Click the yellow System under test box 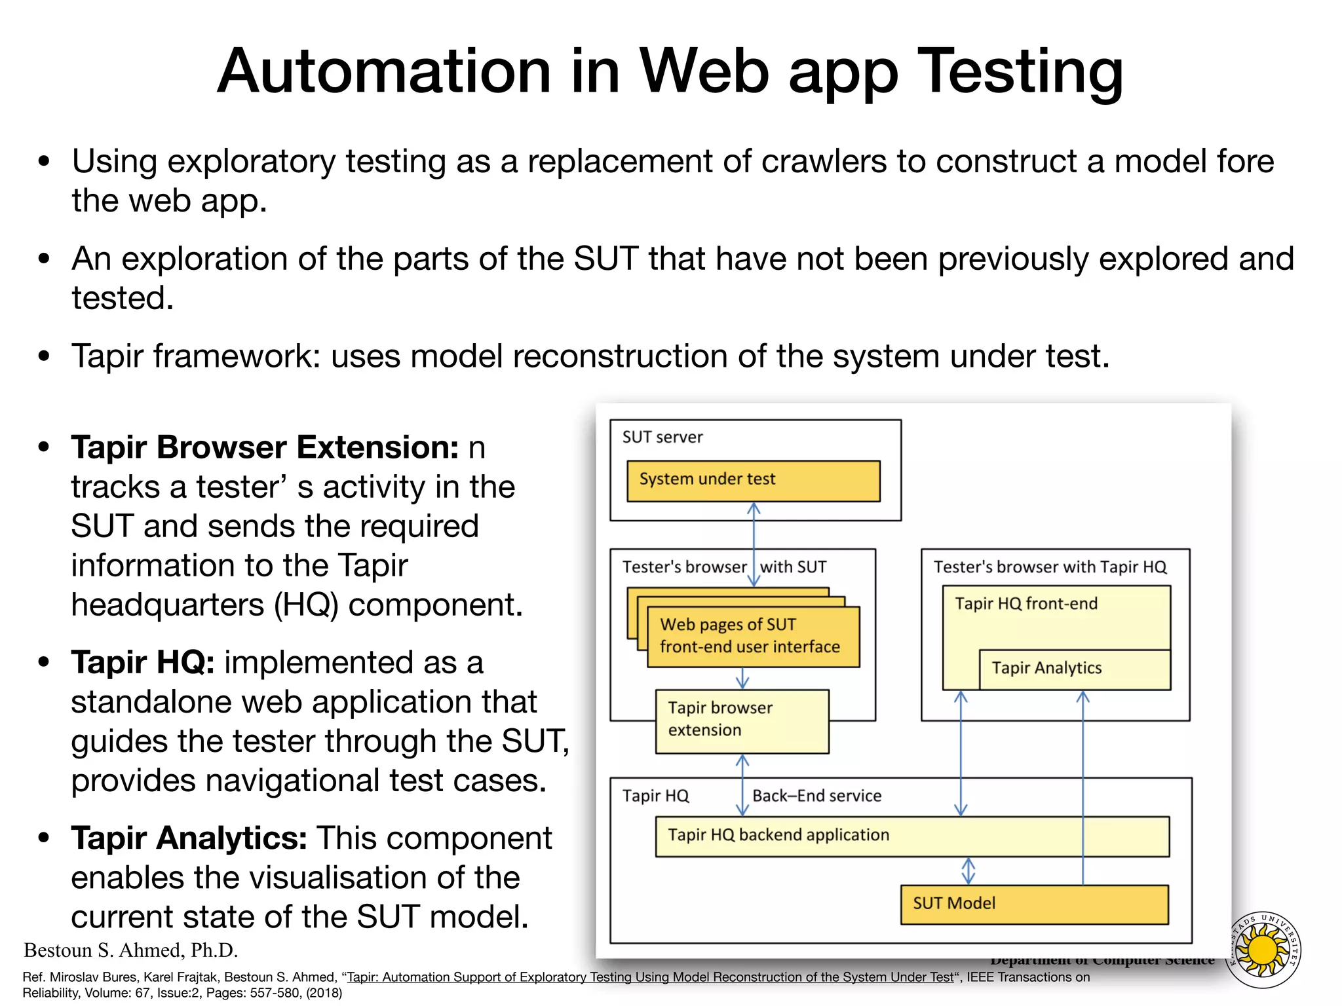753,481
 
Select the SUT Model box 1034,904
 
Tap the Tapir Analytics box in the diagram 1074,669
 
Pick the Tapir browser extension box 742,720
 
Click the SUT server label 662,437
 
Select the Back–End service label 816,796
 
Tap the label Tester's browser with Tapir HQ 1050,567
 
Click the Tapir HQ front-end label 1026,603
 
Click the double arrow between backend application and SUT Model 968,871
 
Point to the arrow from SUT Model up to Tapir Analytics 1083,786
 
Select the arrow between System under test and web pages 754,544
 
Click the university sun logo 1262,950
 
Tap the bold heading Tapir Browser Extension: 265,447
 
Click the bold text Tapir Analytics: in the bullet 189,838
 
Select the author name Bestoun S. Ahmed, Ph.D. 131,950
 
